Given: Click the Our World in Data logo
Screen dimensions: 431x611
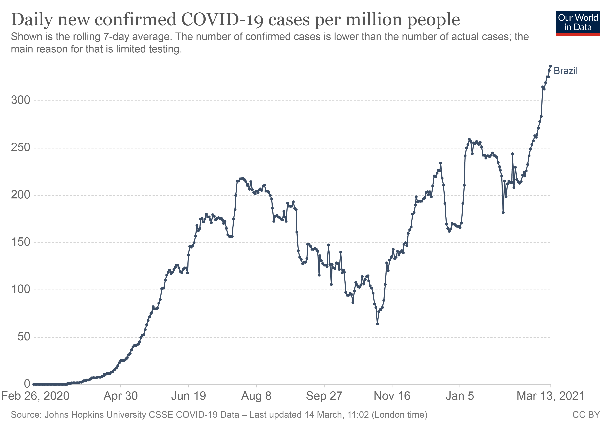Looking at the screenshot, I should (x=578, y=23).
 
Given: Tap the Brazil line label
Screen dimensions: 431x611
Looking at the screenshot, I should (x=566, y=71).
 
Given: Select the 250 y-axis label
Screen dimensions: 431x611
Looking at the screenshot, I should (x=20, y=148).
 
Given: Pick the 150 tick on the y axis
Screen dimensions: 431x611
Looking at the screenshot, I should (x=20, y=242).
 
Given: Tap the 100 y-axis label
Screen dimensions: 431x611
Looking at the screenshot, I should (x=20, y=289).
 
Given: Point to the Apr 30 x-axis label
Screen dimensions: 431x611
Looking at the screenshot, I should (x=121, y=396).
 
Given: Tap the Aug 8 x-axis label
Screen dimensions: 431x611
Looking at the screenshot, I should (x=256, y=396).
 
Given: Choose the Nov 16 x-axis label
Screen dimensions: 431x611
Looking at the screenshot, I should (x=392, y=396).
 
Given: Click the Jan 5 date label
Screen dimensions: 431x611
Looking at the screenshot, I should (x=460, y=396).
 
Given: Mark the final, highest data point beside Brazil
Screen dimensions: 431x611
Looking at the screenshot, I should (x=551, y=66).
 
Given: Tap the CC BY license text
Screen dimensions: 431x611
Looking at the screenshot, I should (x=586, y=415).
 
